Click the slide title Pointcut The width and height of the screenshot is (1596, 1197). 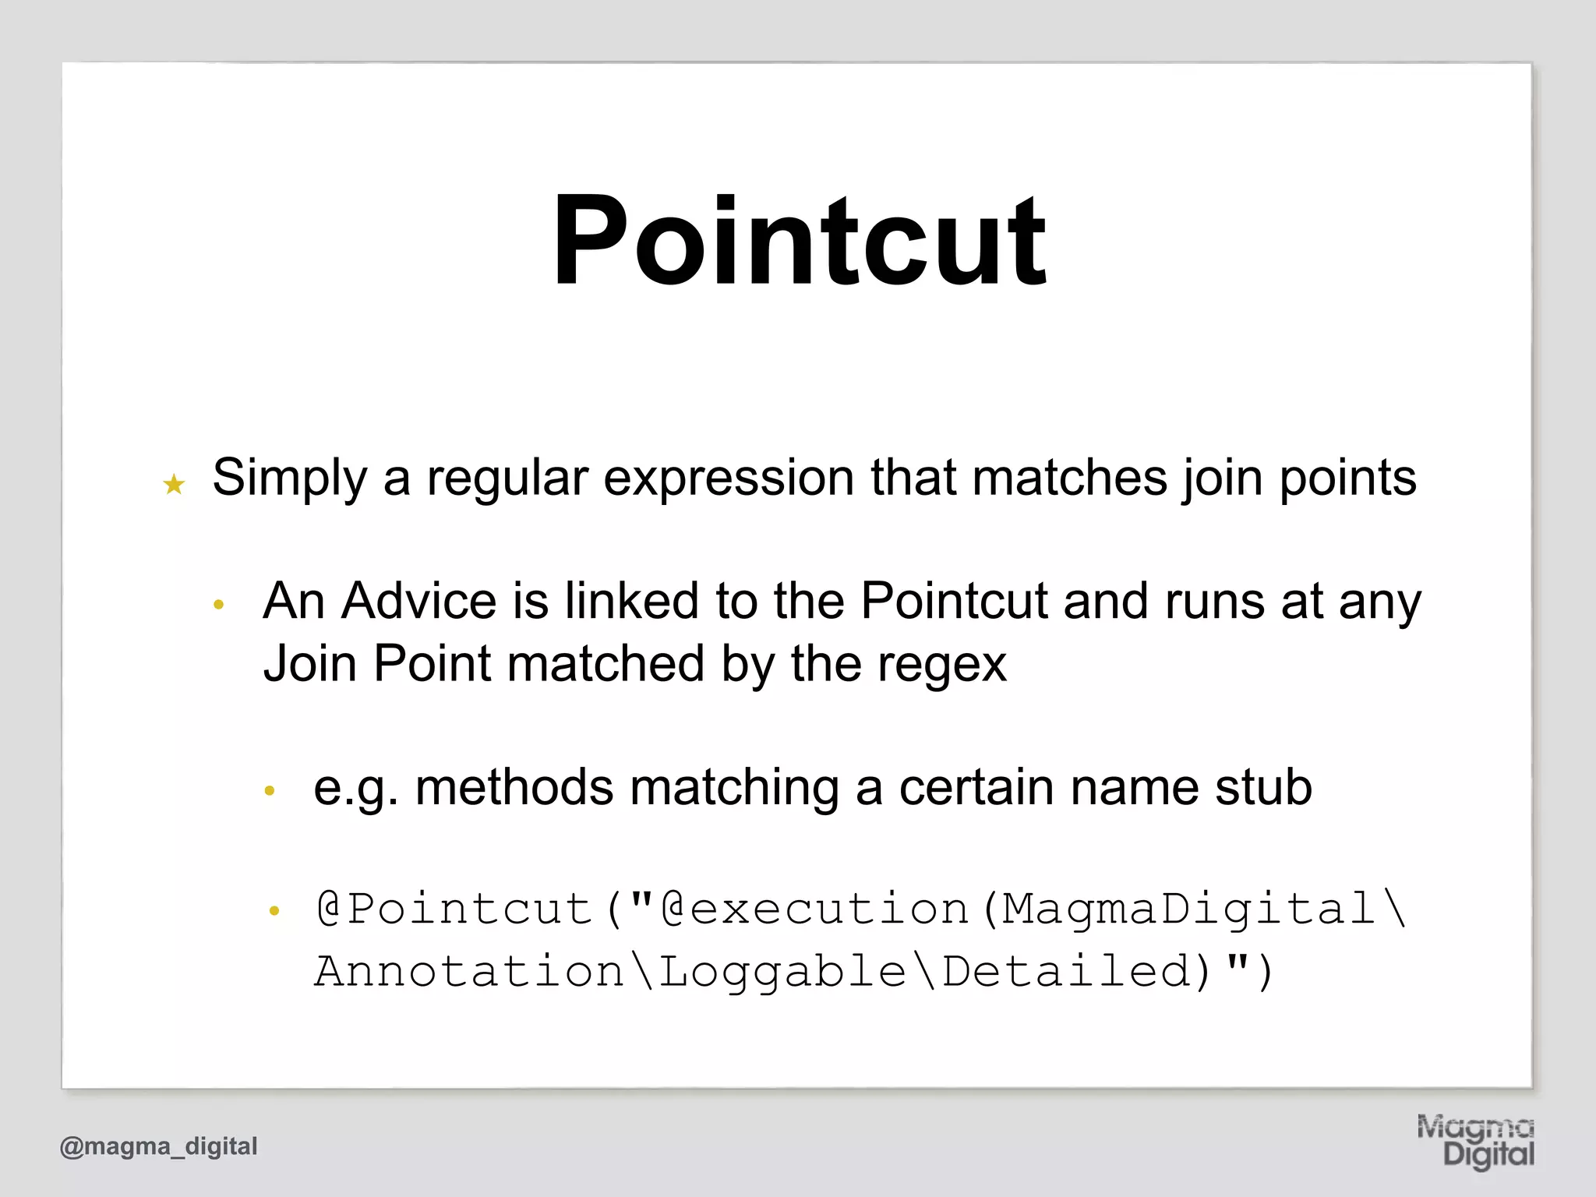click(799, 241)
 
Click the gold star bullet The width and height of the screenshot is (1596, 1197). click(174, 485)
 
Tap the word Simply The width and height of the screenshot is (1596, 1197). click(289, 478)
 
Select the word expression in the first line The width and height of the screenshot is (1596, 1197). click(729, 478)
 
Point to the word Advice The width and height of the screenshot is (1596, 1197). click(418, 601)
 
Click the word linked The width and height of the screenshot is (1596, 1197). click(631, 601)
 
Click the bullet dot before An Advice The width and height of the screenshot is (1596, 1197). click(219, 605)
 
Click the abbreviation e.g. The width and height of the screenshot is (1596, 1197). click(355, 788)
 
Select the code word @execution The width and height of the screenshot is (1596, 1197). click(814, 909)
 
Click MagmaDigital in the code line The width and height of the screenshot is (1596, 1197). click(1188, 909)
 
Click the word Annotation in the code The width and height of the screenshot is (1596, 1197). click(469, 971)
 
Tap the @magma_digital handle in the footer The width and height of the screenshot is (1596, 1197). click(158, 1146)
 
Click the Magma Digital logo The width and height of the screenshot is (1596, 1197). click(1475, 1141)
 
